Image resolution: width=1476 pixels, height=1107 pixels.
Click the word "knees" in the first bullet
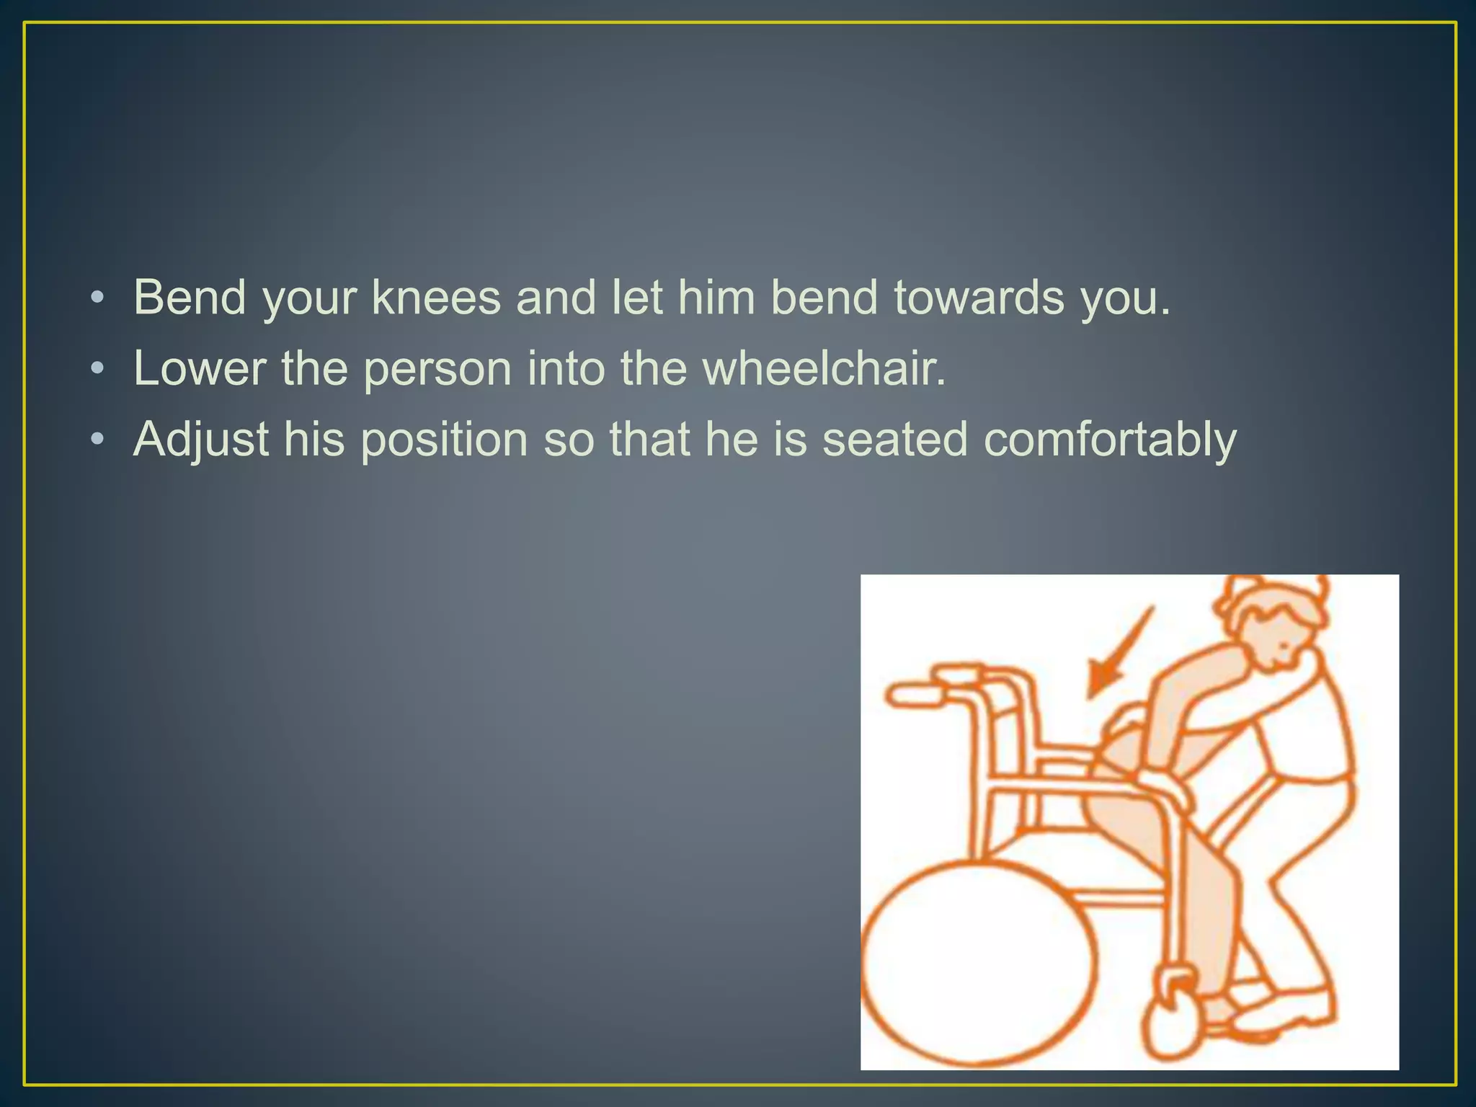[x=436, y=297]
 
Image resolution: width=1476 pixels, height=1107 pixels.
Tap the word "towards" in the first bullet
[x=979, y=297]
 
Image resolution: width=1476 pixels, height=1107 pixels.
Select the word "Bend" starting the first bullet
[x=190, y=297]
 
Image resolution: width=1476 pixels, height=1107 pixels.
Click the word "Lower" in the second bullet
[x=200, y=368]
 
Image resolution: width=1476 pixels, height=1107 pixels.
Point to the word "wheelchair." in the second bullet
[x=824, y=368]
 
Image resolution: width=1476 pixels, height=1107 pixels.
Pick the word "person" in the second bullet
[x=437, y=368]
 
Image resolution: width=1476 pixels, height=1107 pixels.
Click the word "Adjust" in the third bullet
[x=200, y=440]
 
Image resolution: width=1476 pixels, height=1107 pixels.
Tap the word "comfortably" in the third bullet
[x=1110, y=440]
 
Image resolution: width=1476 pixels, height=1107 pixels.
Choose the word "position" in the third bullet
[x=444, y=440]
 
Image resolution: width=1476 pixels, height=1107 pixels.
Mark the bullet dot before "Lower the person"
[x=98, y=369]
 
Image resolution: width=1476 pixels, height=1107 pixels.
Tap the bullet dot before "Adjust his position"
[x=98, y=440]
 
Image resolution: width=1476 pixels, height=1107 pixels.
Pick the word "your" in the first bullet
[x=310, y=297]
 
